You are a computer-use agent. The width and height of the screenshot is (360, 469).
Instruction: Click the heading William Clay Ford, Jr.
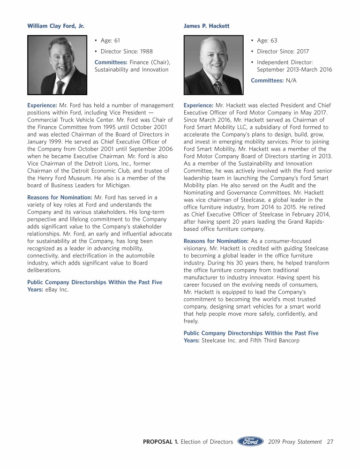pyautogui.click(x=56, y=26)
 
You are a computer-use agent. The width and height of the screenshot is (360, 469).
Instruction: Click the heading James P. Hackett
pyautogui.click(x=207, y=26)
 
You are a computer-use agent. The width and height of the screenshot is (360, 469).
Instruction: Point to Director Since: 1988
pyautogui.click(x=127, y=51)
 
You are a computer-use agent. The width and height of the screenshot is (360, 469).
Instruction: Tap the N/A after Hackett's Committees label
pyautogui.click(x=291, y=80)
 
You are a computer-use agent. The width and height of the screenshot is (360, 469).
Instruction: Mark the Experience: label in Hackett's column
pyautogui.click(x=199, y=105)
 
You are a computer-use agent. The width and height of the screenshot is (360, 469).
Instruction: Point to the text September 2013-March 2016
pyautogui.click(x=294, y=69)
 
